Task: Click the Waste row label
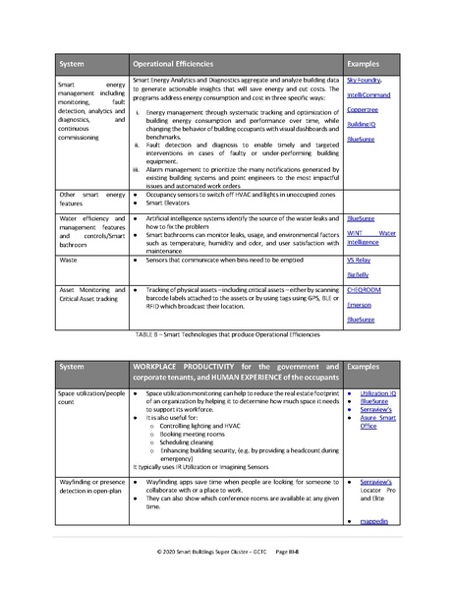pyautogui.click(x=69, y=259)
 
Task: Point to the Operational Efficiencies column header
pyautogui.click(x=173, y=63)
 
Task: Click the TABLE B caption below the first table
pyautogui.click(x=227, y=335)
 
